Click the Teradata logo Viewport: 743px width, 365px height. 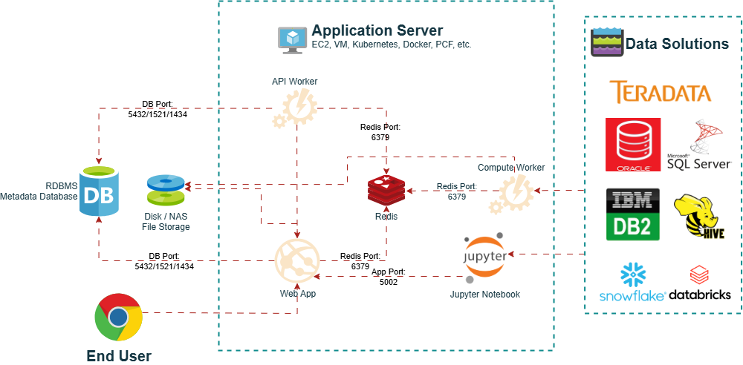click(661, 91)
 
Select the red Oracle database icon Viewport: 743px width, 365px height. click(632, 145)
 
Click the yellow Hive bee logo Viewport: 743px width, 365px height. click(698, 216)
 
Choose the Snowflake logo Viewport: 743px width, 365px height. click(632, 283)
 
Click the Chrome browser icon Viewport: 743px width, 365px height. click(118, 317)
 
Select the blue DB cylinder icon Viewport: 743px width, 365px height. click(99, 191)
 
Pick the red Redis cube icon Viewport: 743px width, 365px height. click(386, 191)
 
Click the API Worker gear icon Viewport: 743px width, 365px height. click(295, 108)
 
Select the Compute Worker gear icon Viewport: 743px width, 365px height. click(510, 192)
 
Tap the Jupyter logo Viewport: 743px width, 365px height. click(485, 258)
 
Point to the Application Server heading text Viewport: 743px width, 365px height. click(377, 30)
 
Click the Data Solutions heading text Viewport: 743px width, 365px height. click(677, 44)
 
